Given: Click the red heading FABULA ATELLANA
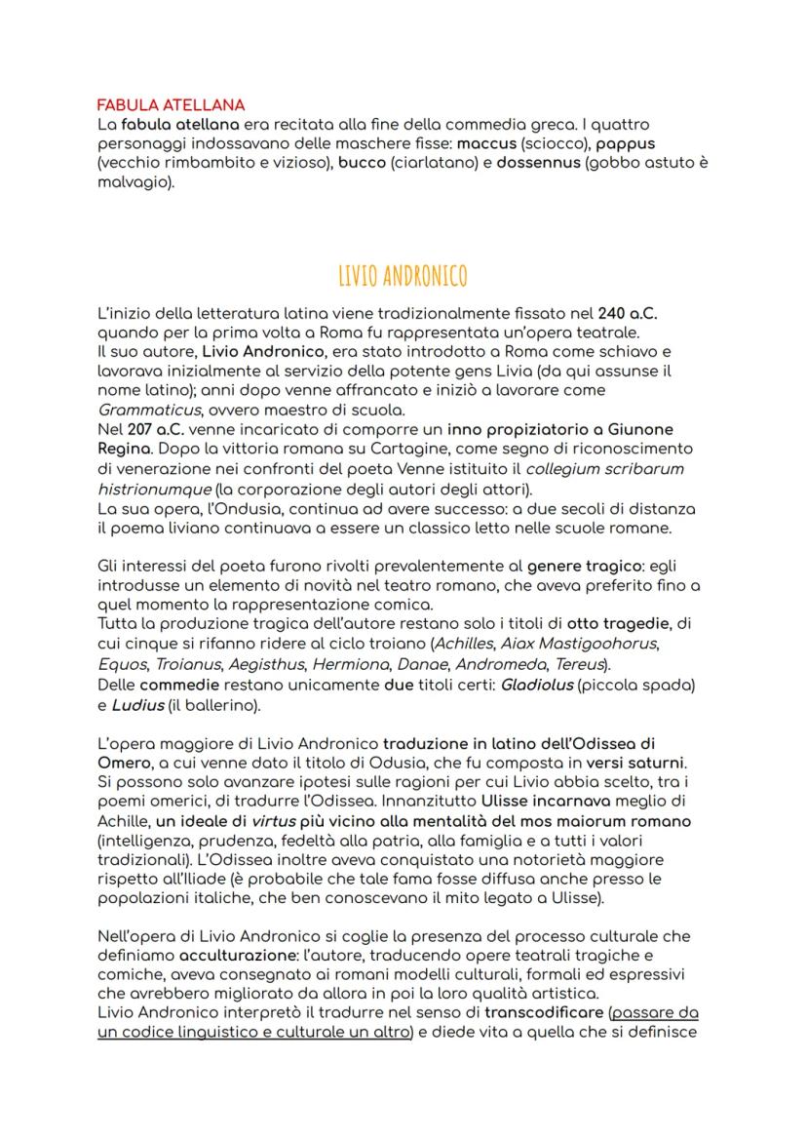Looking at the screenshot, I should [171, 104].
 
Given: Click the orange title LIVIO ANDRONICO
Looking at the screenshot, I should [403, 277].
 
